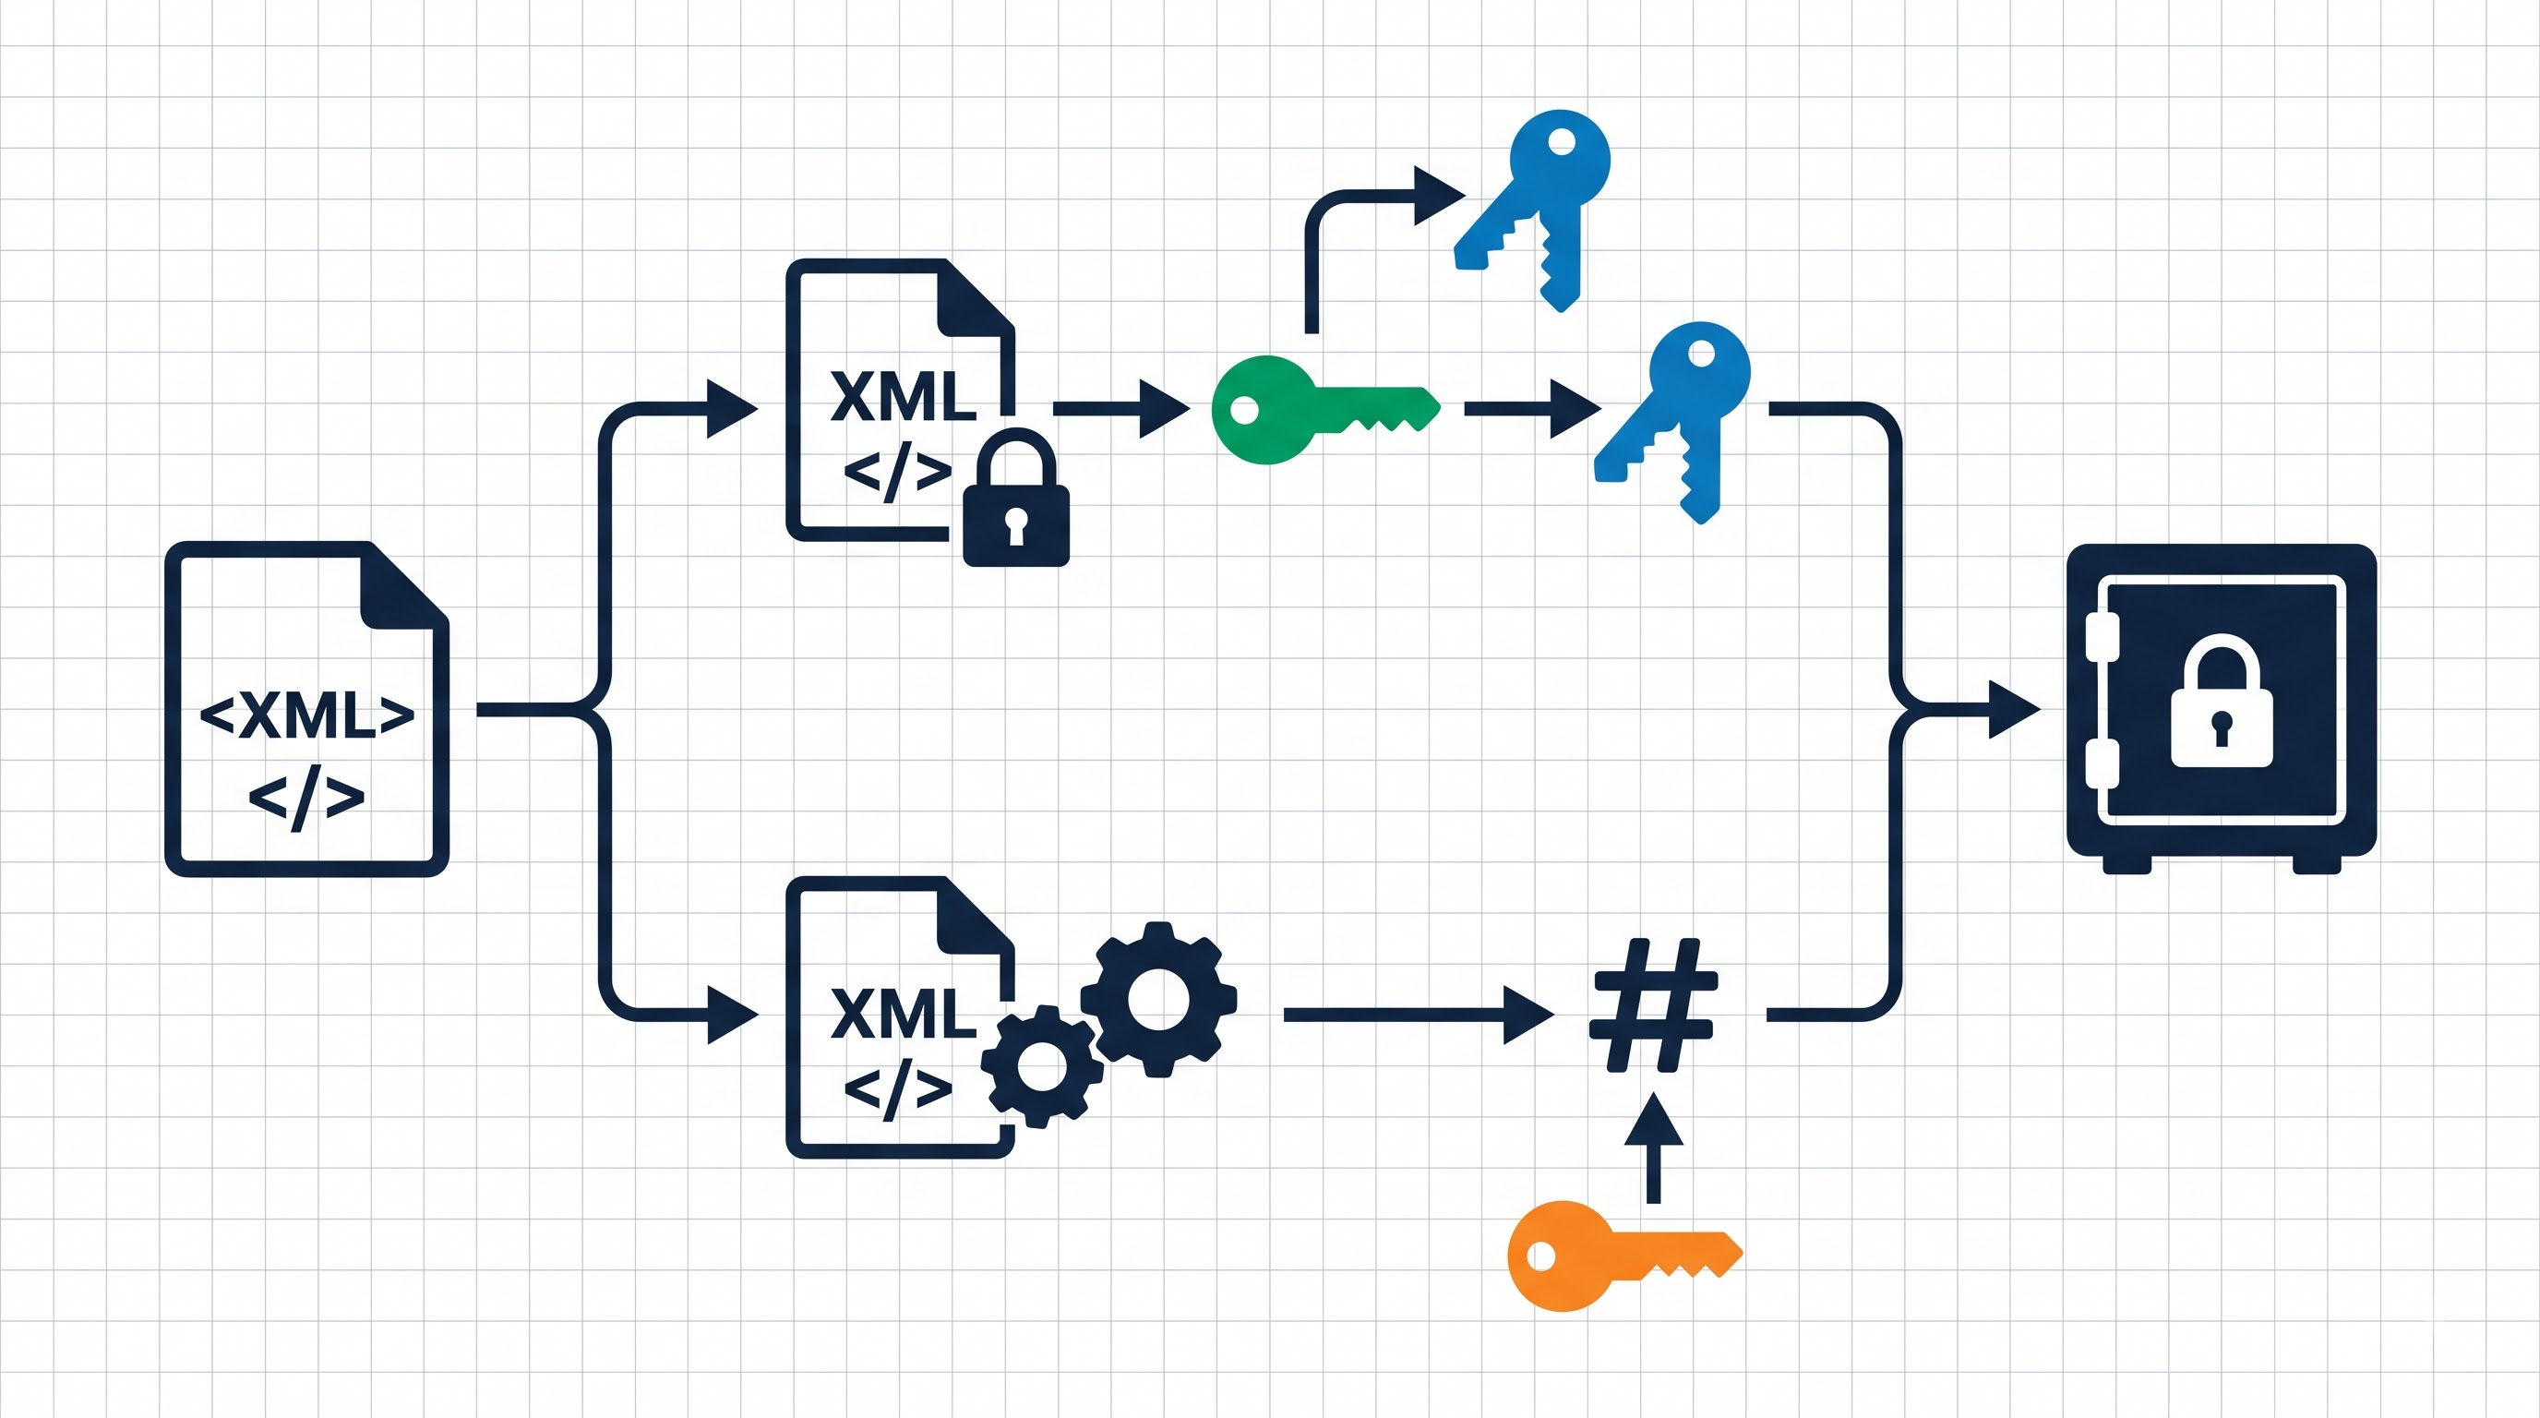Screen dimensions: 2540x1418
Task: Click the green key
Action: (x=1324, y=409)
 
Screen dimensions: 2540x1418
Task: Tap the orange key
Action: (x=1623, y=1256)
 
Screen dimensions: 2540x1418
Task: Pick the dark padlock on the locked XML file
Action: (x=1015, y=498)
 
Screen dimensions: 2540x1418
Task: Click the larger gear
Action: (x=1158, y=999)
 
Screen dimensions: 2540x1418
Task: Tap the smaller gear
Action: (x=1041, y=1067)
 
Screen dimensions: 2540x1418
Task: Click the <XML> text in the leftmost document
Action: (x=306, y=715)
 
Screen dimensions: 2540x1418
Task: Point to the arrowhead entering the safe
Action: (x=2014, y=709)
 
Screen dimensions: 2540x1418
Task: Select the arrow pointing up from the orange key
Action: (x=1654, y=1148)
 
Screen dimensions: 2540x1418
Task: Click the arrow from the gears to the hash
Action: (x=1419, y=1015)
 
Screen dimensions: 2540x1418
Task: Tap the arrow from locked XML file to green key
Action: (x=1122, y=408)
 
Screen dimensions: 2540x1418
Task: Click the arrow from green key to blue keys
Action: (x=1533, y=408)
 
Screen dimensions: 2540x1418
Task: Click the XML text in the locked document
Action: (x=904, y=396)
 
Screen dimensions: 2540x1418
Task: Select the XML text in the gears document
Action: (x=904, y=1013)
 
